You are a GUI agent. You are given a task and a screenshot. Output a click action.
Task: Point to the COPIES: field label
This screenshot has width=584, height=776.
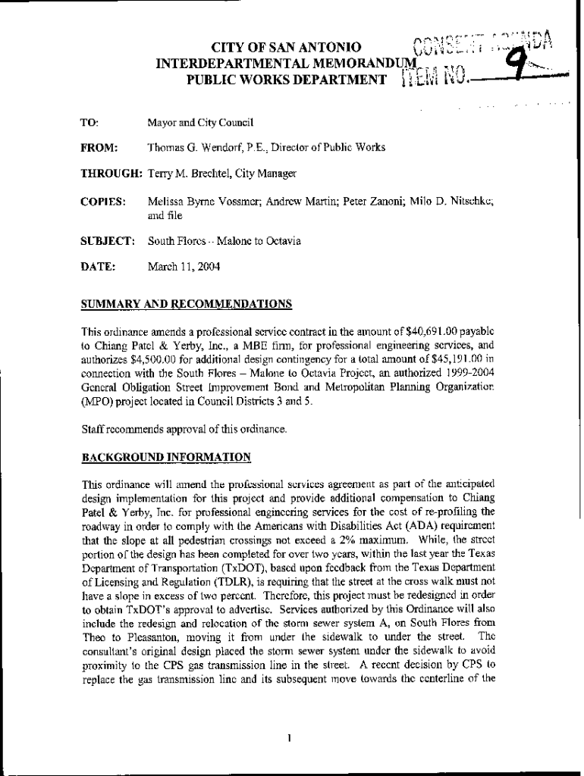(x=102, y=201)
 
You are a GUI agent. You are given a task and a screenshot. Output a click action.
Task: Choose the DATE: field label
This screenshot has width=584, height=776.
(x=98, y=267)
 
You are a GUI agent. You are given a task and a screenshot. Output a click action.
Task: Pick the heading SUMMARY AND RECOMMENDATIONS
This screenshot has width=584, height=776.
(x=187, y=304)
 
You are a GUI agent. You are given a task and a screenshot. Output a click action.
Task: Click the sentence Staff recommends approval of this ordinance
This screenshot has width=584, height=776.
(x=184, y=429)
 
